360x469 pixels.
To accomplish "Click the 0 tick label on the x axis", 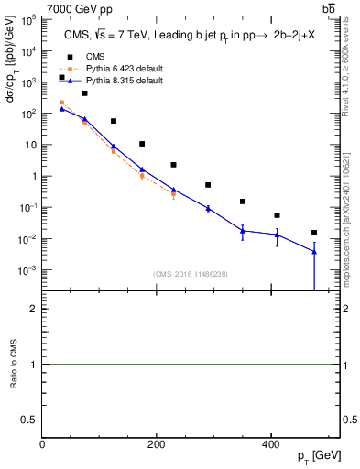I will (43, 445).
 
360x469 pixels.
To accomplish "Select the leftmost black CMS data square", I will (61, 78).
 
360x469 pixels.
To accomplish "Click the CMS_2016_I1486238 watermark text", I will (191, 274).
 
